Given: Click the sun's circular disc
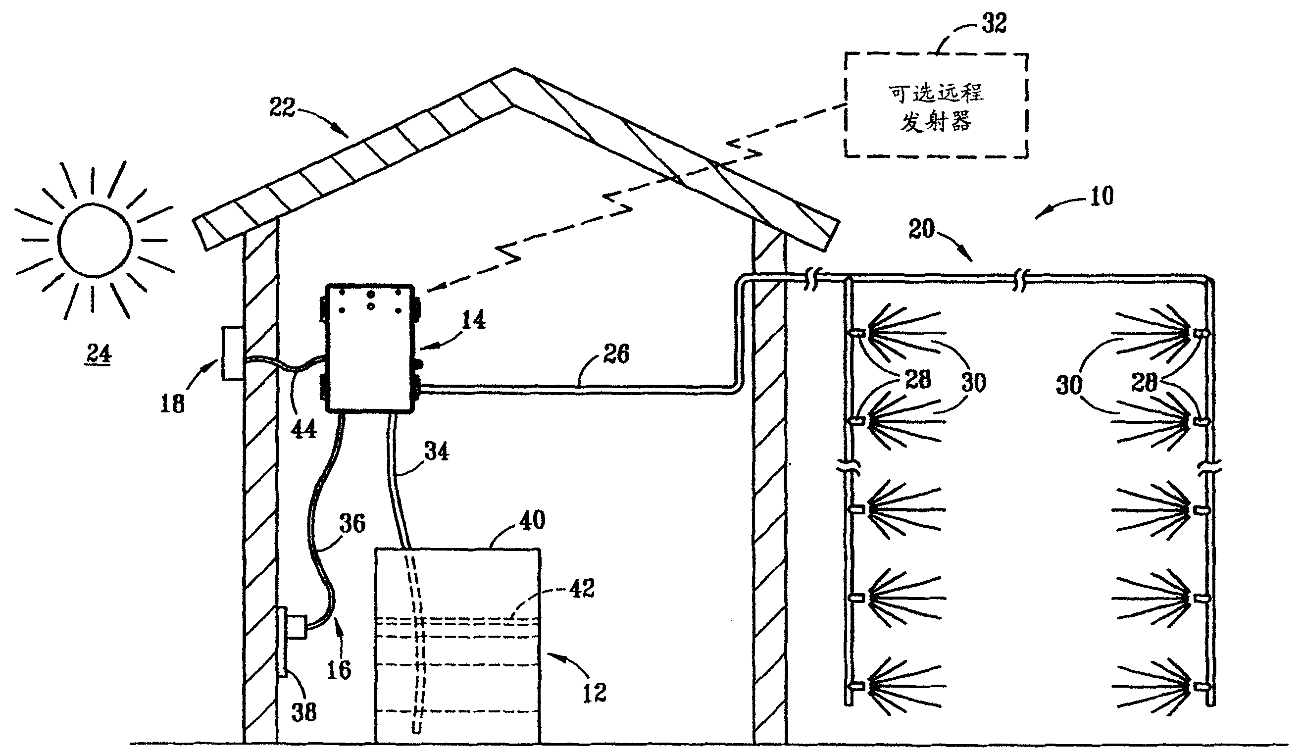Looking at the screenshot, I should click(95, 240).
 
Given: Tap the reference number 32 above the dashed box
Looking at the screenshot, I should click(994, 24).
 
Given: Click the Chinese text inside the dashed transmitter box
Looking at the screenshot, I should click(936, 107).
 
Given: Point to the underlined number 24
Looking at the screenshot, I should click(99, 354).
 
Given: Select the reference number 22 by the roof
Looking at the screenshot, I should click(282, 107).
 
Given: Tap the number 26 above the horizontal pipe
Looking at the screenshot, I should click(616, 354).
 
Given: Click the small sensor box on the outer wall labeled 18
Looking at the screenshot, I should click(232, 353).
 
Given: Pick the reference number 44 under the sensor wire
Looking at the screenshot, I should click(303, 429).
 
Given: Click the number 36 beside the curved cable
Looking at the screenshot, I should click(352, 523).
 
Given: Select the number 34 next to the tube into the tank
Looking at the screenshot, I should click(437, 452).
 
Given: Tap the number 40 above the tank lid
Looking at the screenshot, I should click(532, 520).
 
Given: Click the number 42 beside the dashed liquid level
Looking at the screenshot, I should click(582, 589).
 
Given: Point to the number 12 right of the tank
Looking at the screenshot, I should click(594, 693).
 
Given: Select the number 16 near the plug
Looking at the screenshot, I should click(339, 670).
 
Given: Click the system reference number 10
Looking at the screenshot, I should click(1102, 197).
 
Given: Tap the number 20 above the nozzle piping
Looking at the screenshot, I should click(921, 229).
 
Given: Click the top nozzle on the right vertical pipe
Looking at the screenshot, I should click(1201, 334).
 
